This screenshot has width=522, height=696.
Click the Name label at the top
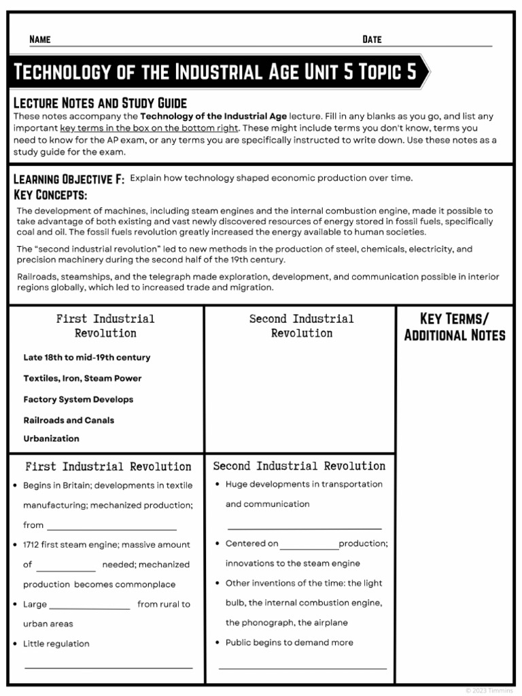[x=39, y=39]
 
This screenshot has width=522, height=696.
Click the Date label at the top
[x=372, y=39]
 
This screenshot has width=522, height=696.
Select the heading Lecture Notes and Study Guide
[x=100, y=103]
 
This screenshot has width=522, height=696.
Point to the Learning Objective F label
[x=69, y=179]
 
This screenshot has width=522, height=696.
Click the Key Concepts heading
[x=50, y=195]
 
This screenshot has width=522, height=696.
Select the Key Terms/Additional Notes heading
[x=454, y=327]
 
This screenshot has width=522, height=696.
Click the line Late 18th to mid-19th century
[x=87, y=358]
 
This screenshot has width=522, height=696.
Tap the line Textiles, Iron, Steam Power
[x=82, y=379]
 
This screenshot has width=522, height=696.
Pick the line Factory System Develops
[x=78, y=400]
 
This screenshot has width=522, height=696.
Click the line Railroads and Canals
[x=69, y=420]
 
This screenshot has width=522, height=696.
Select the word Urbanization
[x=51, y=438]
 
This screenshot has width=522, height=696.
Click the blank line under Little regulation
[x=109, y=667]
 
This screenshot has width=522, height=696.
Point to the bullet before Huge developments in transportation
[x=216, y=485]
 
